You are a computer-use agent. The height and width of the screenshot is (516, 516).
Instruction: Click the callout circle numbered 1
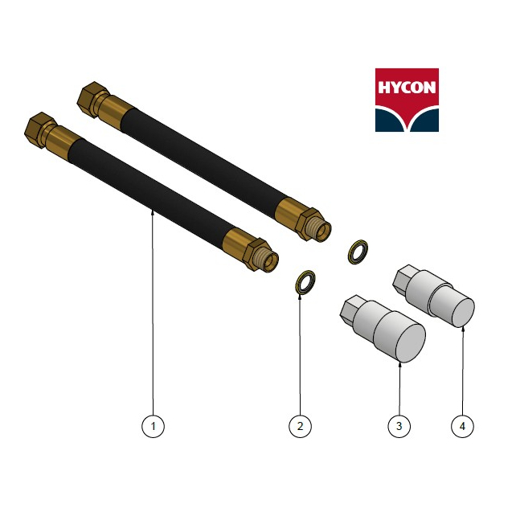coord(153,426)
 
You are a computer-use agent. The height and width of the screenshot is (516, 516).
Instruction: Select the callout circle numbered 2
coord(300,426)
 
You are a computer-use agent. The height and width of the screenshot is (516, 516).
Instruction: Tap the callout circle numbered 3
coord(399,426)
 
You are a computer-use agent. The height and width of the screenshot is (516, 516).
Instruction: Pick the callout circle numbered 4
coord(462,426)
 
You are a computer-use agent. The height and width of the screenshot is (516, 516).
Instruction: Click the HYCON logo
coord(407,100)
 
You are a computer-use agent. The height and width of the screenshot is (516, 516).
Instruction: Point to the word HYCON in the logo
coord(407,88)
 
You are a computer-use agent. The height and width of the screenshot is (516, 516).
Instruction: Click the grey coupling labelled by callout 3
coord(383,329)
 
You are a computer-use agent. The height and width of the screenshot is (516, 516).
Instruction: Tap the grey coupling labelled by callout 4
coord(434,296)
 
